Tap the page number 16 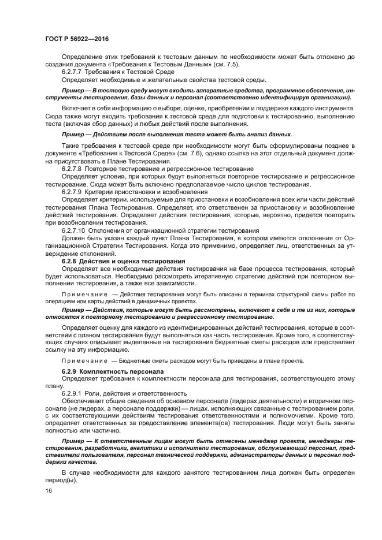48,490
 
